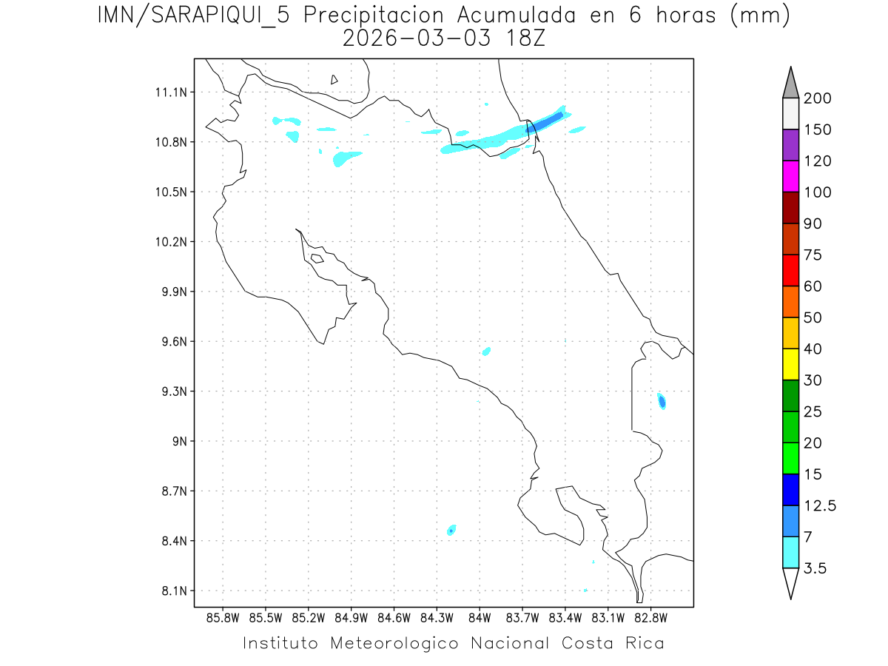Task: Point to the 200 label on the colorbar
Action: tap(817, 98)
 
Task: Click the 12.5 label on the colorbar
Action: tap(820, 505)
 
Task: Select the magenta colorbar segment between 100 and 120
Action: tap(790, 177)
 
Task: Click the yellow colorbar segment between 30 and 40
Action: tap(790, 364)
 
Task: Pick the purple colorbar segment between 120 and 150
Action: tap(790, 145)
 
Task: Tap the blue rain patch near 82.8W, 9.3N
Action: tap(662, 401)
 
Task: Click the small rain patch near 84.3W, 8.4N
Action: tap(451, 530)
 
